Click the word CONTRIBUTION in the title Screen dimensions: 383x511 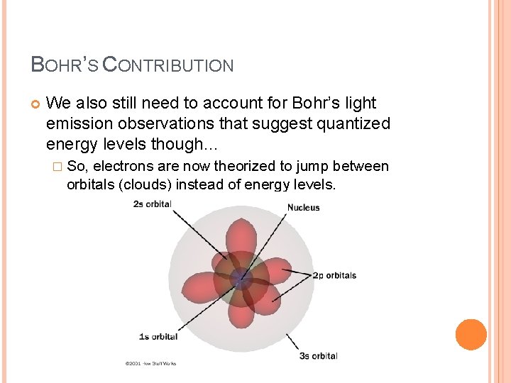168,65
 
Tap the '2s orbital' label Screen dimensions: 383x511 152,204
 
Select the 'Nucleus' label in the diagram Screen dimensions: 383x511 303,208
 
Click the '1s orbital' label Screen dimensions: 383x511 158,336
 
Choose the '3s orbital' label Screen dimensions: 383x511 318,355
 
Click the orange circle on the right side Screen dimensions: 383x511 471,335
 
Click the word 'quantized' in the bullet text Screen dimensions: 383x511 353,124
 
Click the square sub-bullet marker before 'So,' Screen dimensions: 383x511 57,167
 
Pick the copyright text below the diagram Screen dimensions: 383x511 150,364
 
